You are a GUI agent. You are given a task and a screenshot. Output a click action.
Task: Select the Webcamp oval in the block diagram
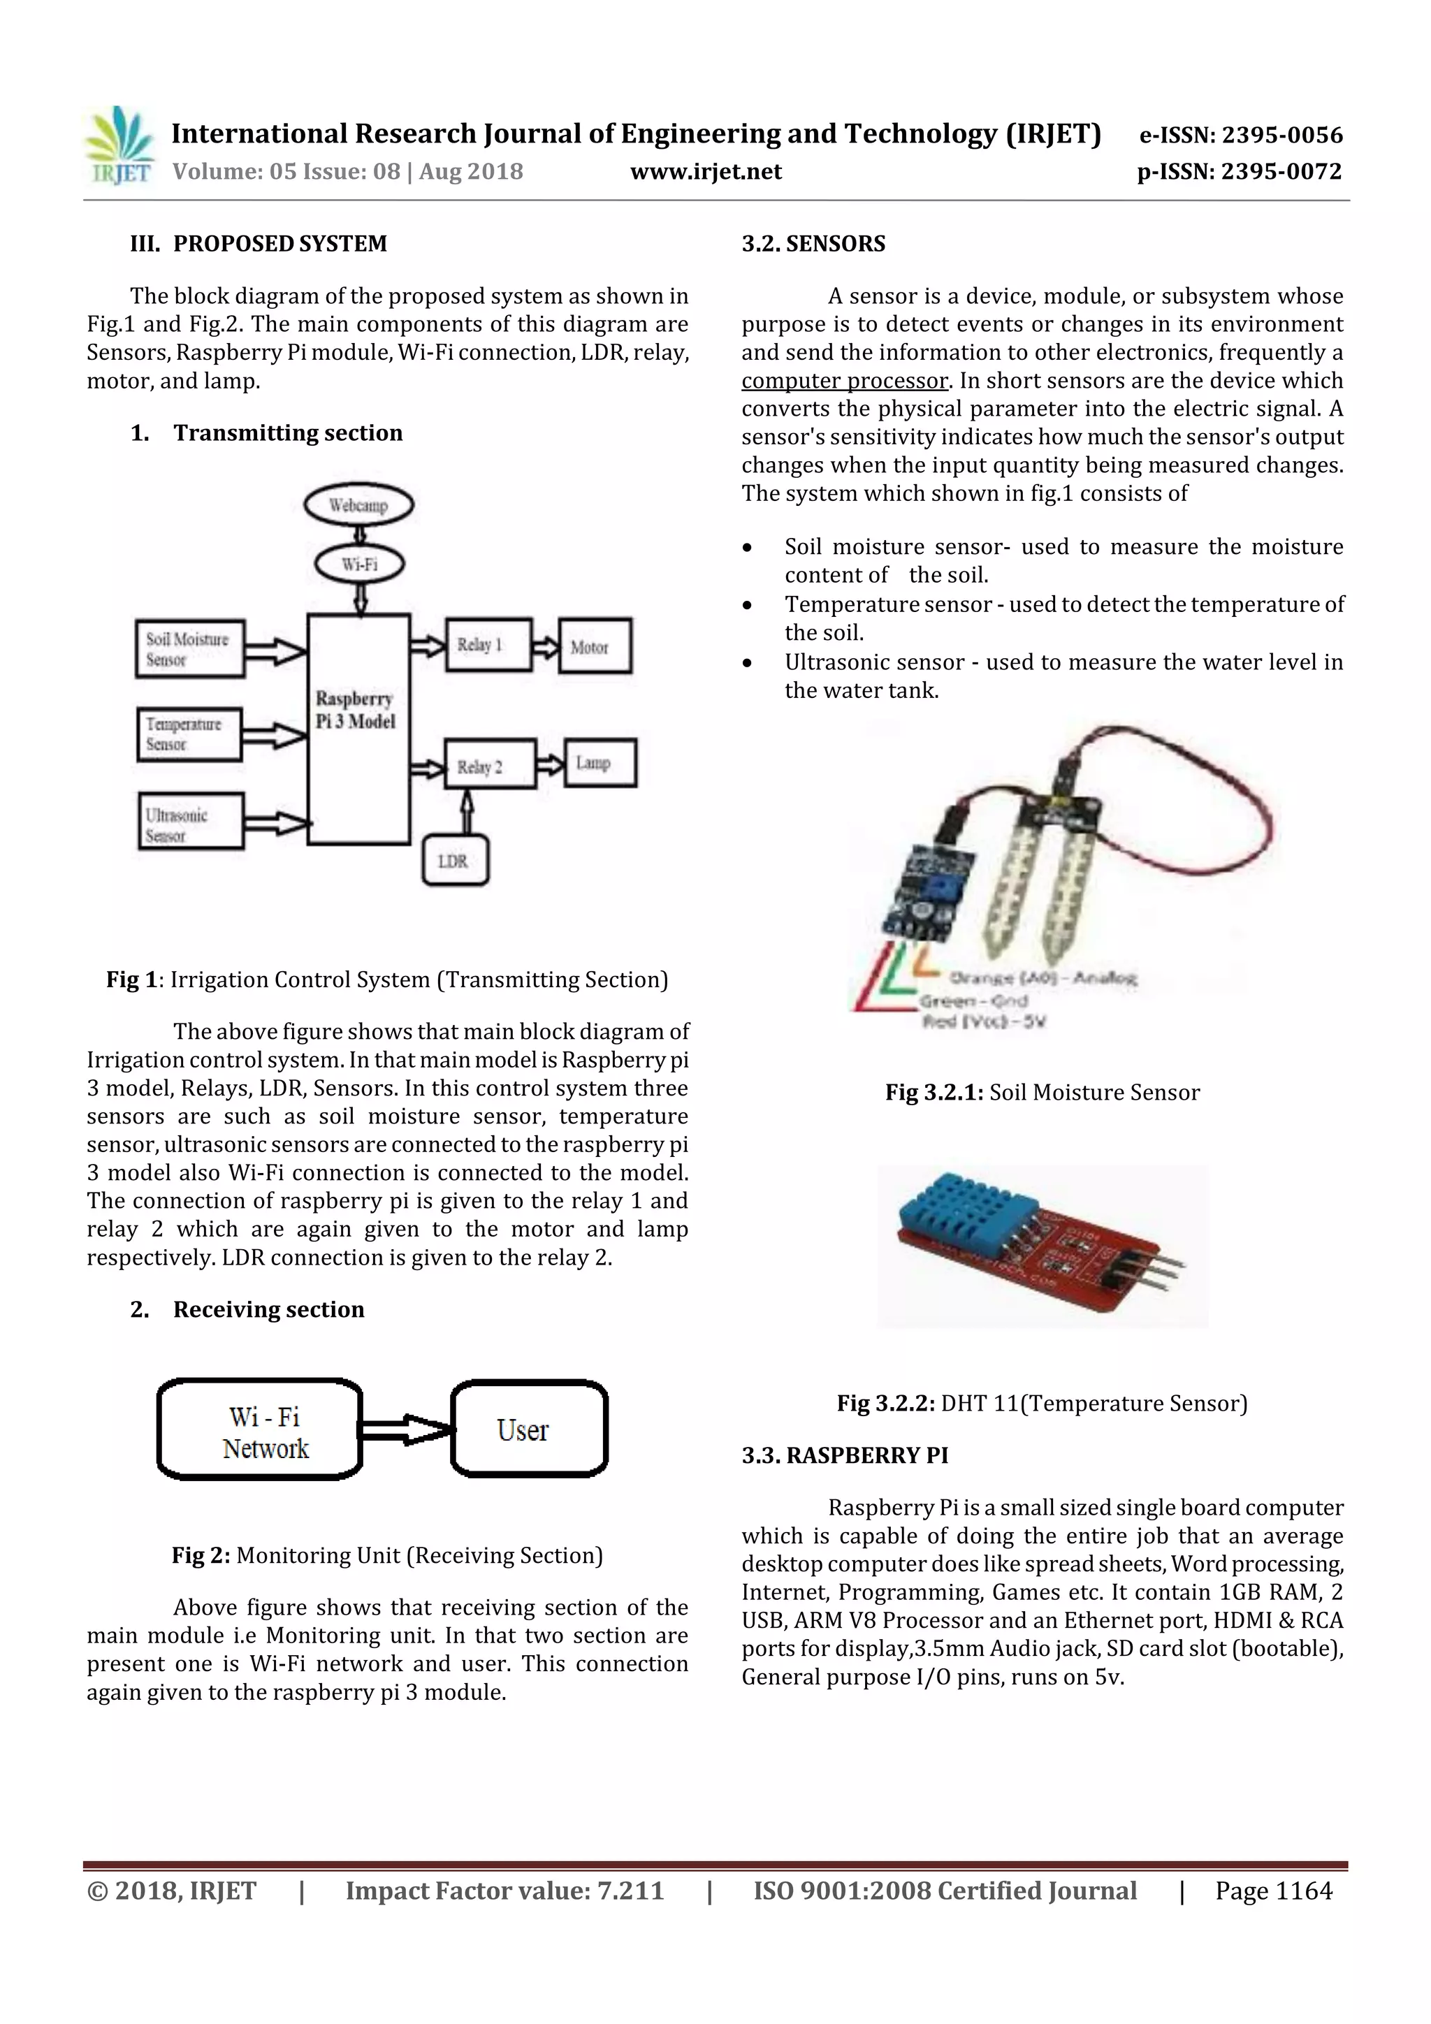pyautogui.click(x=358, y=505)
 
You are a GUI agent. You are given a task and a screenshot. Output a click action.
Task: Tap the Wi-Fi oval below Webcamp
pyautogui.click(x=360, y=565)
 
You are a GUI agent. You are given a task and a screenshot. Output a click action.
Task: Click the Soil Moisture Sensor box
pyautogui.click(x=189, y=649)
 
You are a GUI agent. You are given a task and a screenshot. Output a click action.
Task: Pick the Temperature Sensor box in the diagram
pyautogui.click(x=189, y=734)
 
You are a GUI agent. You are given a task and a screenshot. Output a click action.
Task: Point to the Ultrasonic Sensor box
pyautogui.click(x=189, y=822)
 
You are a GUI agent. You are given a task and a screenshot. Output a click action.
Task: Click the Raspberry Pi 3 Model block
pyautogui.click(x=358, y=728)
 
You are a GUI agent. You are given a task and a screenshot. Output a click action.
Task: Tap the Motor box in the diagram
pyautogui.click(x=595, y=646)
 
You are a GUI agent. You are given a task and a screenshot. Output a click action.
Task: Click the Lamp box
pyautogui.click(x=599, y=762)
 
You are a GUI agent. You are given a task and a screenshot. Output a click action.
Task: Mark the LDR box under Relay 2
pyautogui.click(x=455, y=859)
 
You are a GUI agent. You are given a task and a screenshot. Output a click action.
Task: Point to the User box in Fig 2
pyautogui.click(x=529, y=1429)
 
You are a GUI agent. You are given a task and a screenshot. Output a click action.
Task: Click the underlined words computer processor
pyautogui.click(x=845, y=381)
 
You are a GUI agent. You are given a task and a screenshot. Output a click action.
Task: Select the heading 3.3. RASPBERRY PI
pyautogui.click(x=845, y=1455)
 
